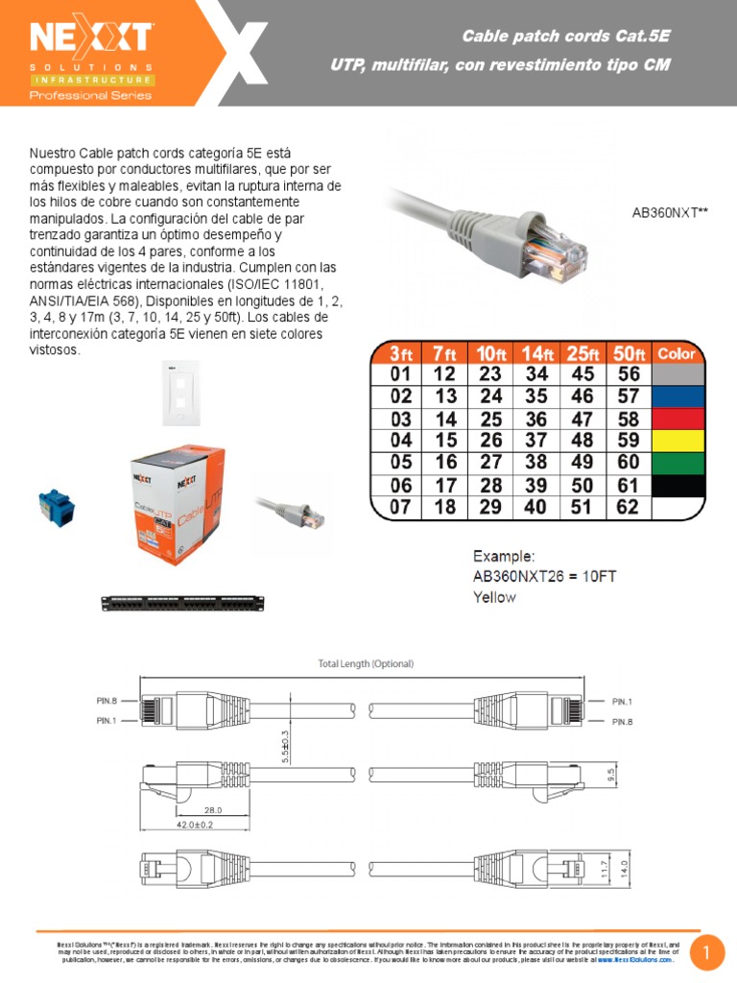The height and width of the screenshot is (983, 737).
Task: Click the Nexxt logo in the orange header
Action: click(91, 38)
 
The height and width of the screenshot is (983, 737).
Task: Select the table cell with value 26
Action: click(490, 441)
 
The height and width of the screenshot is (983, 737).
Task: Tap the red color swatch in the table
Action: click(678, 419)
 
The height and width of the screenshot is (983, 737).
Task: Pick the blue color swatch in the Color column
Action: click(678, 396)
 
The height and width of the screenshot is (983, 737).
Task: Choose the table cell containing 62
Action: click(628, 507)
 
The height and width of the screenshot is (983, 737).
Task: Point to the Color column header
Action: click(678, 354)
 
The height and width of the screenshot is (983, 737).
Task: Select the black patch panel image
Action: click(181, 603)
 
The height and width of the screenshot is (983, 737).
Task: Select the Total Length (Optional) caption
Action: click(366, 663)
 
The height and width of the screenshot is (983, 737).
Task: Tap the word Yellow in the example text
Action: click(494, 597)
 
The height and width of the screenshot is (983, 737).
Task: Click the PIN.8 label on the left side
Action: click(106, 701)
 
